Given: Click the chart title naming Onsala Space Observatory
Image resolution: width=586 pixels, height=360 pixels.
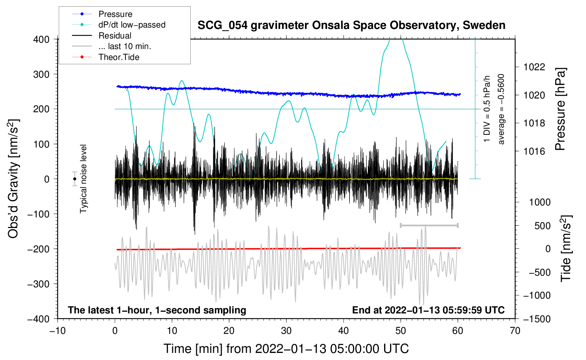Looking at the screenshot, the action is tap(351, 25).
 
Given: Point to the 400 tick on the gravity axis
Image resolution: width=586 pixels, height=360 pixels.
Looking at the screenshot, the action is tap(41, 40).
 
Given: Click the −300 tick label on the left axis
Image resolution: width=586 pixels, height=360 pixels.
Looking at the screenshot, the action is tap(39, 284).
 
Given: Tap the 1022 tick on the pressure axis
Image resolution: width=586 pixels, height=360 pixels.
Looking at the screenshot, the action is tap(534, 67).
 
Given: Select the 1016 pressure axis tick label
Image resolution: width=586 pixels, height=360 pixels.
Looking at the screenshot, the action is tap(534, 151).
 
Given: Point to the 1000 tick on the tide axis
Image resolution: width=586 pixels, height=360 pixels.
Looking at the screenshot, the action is tap(540, 202).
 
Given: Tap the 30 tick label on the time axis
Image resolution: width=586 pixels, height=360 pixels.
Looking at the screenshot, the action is tap(286, 331).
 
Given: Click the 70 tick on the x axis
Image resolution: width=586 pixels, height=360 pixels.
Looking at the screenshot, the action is tap(515, 331).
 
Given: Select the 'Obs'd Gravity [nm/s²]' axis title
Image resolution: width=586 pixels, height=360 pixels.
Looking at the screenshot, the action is tap(13, 179).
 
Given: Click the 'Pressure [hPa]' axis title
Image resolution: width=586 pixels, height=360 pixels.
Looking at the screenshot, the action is tap(560, 109).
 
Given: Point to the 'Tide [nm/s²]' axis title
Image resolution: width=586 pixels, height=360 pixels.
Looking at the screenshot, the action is tap(566, 248).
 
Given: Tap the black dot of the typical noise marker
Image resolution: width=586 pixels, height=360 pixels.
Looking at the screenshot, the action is tap(75, 179).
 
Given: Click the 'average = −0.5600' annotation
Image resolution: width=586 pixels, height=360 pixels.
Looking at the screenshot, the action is tap(501, 109).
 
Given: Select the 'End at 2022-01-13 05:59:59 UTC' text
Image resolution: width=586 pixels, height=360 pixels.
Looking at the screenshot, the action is tap(428, 310).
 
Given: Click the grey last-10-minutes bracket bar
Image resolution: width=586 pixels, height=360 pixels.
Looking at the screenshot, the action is tap(429, 225).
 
